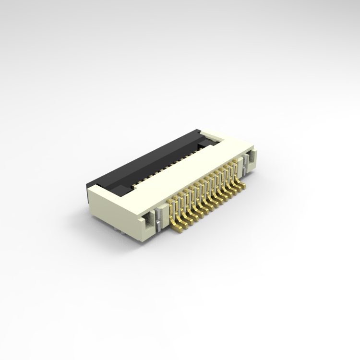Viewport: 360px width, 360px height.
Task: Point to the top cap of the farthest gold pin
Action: pyautogui.click(x=235, y=162)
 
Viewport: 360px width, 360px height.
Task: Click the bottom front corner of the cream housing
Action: pyautogui.click(x=139, y=238)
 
